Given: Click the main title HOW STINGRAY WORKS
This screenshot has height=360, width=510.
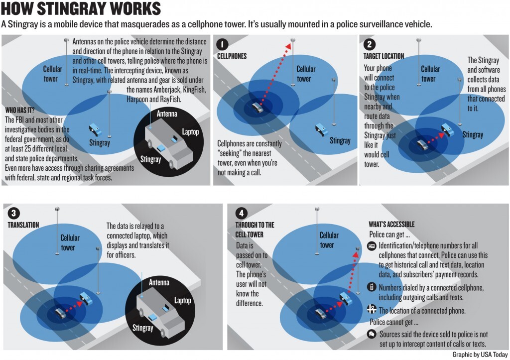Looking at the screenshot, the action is point(81,8).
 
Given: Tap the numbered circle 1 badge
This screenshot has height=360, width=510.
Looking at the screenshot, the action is point(223,44).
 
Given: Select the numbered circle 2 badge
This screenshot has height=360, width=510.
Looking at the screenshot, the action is point(369,44).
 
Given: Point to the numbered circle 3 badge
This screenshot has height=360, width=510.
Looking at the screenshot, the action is point(13,213).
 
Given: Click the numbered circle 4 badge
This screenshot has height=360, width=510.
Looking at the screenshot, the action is point(241,213).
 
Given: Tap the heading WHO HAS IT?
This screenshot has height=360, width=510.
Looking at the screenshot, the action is point(20,110).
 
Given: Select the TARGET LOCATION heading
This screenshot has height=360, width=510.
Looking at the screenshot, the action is point(384,56).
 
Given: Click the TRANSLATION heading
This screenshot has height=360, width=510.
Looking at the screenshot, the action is point(23,225).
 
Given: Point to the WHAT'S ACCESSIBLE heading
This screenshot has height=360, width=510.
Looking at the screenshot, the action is point(391,225).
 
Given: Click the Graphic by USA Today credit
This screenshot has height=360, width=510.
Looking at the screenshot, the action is point(480,355).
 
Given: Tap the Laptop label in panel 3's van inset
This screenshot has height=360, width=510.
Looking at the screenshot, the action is point(182,300).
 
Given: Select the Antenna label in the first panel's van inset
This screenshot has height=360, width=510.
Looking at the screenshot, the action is point(167,114).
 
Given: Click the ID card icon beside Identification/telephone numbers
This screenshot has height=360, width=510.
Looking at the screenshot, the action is point(372,246).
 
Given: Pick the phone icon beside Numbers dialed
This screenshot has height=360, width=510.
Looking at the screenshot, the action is point(372,287).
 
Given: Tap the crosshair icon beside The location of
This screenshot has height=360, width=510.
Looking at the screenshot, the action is point(372,309).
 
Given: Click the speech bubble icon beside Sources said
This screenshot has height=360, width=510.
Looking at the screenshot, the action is point(372,334).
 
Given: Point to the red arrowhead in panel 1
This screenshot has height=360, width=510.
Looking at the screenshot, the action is point(288,46).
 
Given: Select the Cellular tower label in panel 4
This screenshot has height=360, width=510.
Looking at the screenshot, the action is point(329,240).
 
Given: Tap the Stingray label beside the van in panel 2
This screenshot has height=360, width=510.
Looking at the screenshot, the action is point(473,134).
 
